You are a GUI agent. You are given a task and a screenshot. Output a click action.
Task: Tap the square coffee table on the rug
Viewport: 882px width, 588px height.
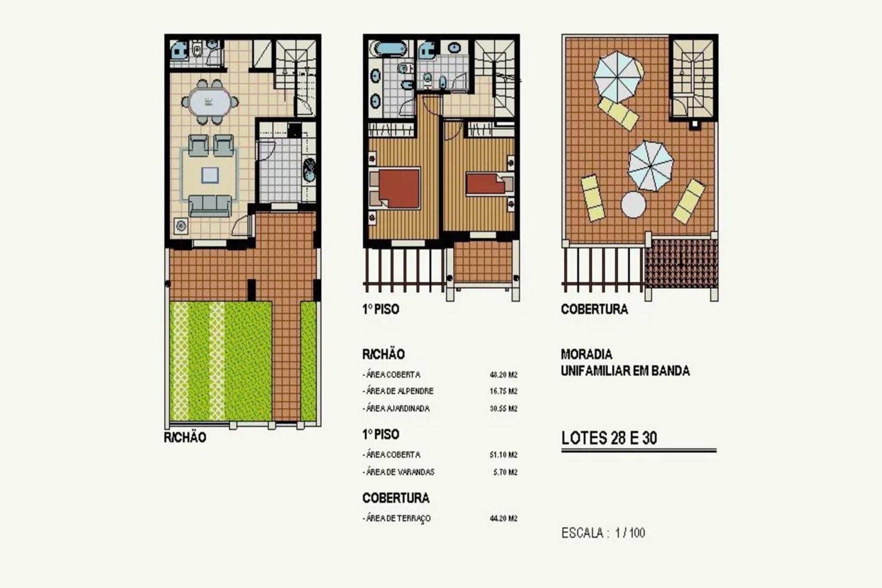pyautogui.click(x=210, y=175)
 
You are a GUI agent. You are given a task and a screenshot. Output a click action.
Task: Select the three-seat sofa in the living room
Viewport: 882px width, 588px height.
pyautogui.click(x=210, y=205)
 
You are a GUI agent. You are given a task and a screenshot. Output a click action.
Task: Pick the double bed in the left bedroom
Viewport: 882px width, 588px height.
pyautogui.click(x=395, y=188)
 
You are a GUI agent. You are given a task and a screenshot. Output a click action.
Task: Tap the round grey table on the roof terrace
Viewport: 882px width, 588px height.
pyautogui.click(x=633, y=205)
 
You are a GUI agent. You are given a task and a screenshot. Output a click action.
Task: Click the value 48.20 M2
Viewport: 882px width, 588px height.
pyautogui.click(x=503, y=375)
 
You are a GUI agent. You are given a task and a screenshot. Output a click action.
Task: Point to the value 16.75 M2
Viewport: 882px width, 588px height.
pyautogui.click(x=503, y=391)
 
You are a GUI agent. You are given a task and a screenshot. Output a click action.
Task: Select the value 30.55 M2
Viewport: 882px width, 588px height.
pyautogui.click(x=503, y=408)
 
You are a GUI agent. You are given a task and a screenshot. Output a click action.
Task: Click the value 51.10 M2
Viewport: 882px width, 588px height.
pyautogui.click(x=503, y=455)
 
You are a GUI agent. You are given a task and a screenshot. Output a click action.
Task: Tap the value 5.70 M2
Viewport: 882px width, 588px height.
pyautogui.click(x=505, y=472)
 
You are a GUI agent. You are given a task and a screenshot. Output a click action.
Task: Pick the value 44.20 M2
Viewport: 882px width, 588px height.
pyautogui.click(x=503, y=518)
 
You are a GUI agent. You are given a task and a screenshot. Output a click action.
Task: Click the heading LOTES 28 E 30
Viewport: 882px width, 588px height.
pyautogui.click(x=609, y=438)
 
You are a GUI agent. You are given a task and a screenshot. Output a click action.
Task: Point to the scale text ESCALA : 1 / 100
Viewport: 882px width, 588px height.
pyautogui.click(x=603, y=533)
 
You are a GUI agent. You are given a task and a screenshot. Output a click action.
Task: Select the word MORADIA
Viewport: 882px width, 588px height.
pyautogui.click(x=586, y=355)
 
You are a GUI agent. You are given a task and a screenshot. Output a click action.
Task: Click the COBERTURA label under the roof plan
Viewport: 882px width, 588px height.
pyautogui.click(x=594, y=309)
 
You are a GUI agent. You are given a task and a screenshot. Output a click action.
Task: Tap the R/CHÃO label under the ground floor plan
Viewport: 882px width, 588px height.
pyautogui.click(x=185, y=438)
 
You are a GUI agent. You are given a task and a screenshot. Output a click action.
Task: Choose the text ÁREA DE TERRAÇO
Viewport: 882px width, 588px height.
pyautogui.click(x=398, y=519)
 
